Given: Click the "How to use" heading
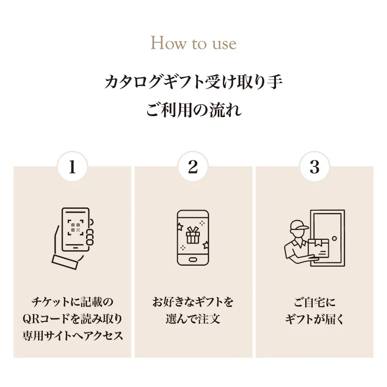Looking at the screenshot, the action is (194, 43).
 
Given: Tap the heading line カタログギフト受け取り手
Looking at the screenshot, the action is (194, 82).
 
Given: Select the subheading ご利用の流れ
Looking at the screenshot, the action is (194, 110).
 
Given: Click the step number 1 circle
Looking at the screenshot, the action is (72, 166).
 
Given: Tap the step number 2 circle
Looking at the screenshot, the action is (193, 166).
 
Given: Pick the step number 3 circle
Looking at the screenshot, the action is (315, 166).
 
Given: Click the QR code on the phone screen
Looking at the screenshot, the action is (75, 227).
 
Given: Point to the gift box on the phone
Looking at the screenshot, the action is (193, 235).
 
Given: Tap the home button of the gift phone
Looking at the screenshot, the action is (193, 260).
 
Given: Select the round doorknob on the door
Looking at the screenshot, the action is (334, 238).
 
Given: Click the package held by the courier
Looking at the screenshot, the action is (319, 249).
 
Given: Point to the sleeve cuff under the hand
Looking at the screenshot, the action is (65, 262).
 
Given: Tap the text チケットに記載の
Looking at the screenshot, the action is (72, 302).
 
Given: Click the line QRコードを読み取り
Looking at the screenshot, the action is (72, 319).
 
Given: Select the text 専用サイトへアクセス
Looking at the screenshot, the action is (72, 336).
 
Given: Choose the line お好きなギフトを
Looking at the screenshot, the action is (193, 302).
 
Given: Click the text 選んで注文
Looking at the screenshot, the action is (193, 319).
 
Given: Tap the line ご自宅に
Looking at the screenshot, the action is (315, 302).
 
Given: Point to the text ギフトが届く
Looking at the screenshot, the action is (315, 319).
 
